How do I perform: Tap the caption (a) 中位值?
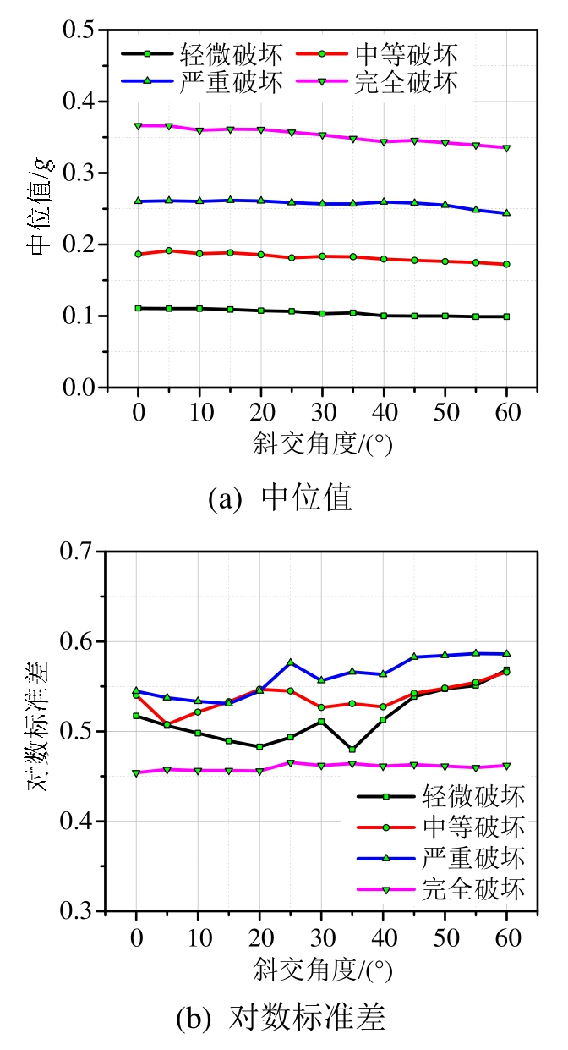281,498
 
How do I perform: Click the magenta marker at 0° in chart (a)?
138,125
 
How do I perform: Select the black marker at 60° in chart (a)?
506,316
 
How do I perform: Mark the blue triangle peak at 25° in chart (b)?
291,662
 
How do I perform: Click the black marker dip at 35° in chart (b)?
352,750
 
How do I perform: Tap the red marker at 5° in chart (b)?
168,725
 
